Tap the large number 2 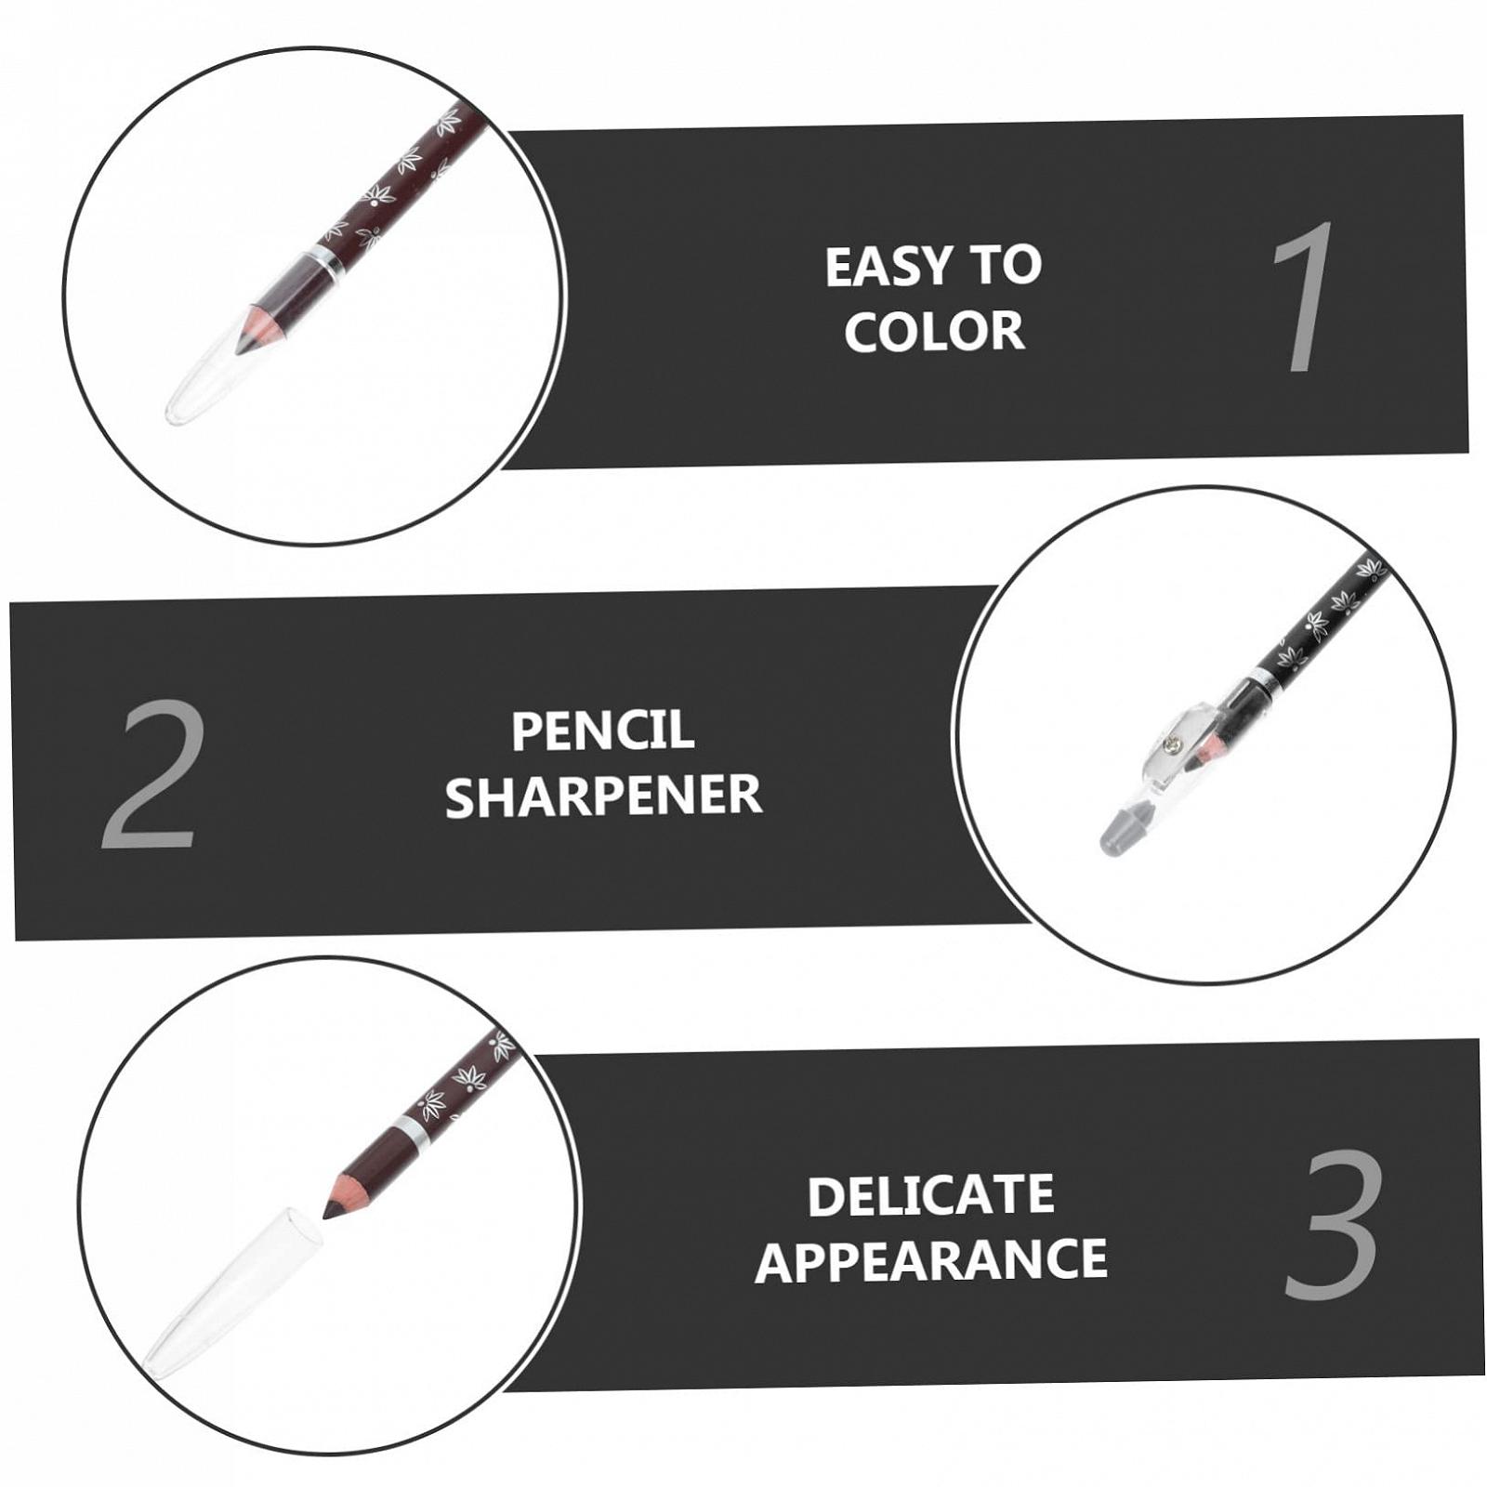(151, 774)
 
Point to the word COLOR (934, 331)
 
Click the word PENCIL (602, 730)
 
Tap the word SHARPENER (603, 796)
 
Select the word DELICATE (930, 1196)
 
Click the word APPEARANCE (931, 1261)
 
